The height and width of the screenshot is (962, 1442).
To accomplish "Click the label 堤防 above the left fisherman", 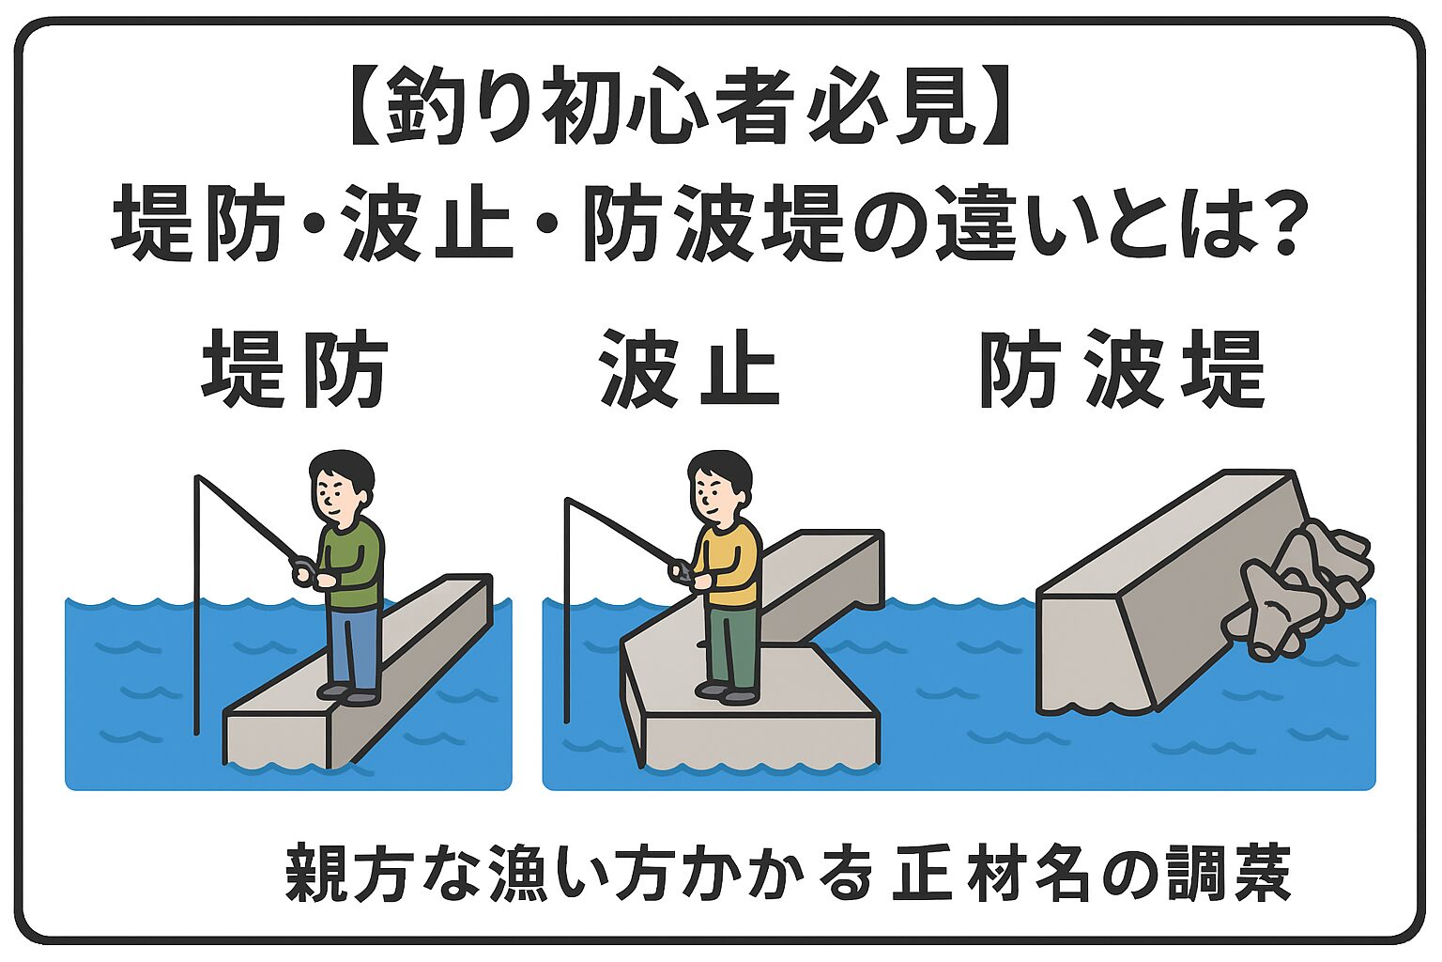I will tap(294, 369).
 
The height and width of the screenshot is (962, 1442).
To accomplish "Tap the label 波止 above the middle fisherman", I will tap(689, 369).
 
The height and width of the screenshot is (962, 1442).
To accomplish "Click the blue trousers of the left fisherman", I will tap(354, 649).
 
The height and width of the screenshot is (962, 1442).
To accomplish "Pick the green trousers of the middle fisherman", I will tap(732, 648).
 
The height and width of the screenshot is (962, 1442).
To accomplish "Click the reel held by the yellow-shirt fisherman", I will tap(682, 570).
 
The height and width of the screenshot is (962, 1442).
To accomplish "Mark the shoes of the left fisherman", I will tap(349, 695).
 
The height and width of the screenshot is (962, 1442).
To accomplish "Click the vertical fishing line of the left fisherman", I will tap(197, 611).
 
